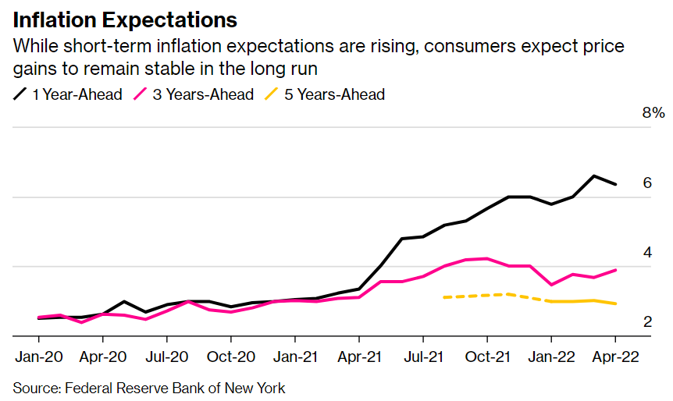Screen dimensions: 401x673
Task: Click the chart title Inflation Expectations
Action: coord(125,18)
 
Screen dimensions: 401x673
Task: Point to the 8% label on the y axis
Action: coord(653,113)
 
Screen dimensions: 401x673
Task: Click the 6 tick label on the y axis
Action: coord(647,183)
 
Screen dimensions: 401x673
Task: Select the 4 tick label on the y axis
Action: coord(647,252)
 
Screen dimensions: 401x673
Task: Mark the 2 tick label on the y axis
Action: coord(647,321)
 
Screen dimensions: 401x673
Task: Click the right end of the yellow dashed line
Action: coord(615,303)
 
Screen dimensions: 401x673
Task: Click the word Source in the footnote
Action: coord(36,388)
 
